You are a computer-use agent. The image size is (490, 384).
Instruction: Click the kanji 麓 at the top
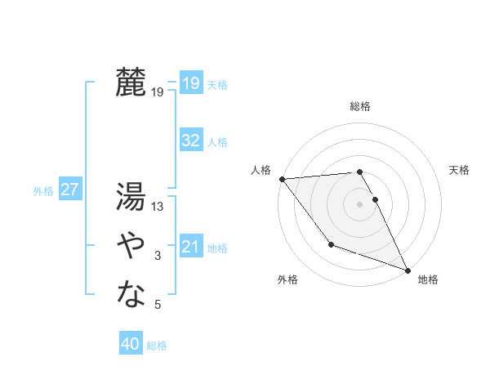pyautogui.click(x=131, y=82)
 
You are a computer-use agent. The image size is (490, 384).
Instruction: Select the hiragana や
pyautogui.click(x=131, y=243)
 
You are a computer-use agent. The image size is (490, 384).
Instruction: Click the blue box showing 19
pyautogui.click(x=191, y=83)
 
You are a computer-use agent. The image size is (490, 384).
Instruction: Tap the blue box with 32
pyautogui.click(x=191, y=141)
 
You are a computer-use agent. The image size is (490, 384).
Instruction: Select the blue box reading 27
pyautogui.click(x=69, y=190)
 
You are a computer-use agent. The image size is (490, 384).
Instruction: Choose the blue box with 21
pyautogui.click(x=191, y=246)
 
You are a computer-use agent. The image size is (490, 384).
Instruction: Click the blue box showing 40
pyautogui.click(x=131, y=344)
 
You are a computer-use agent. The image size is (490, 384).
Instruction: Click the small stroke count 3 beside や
pyautogui.click(x=158, y=257)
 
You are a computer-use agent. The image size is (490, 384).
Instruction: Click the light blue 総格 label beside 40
pyautogui.click(x=157, y=346)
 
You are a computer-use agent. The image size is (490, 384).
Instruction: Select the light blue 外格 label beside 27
pyautogui.click(x=43, y=191)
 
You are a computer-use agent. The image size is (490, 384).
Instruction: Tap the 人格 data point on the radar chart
pyautogui.click(x=282, y=179)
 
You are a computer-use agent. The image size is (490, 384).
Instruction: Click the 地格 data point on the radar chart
pyautogui.click(x=408, y=270)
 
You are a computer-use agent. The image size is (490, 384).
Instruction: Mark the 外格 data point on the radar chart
pyautogui.click(x=331, y=244)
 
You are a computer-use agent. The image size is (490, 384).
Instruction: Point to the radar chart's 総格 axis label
pyautogui.click(x=360, y=106)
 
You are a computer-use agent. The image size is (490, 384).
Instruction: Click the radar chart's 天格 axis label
pyautogui.click(x=459, y=170)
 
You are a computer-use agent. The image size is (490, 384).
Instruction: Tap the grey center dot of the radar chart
pyautogui.click(x=360, y=203)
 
